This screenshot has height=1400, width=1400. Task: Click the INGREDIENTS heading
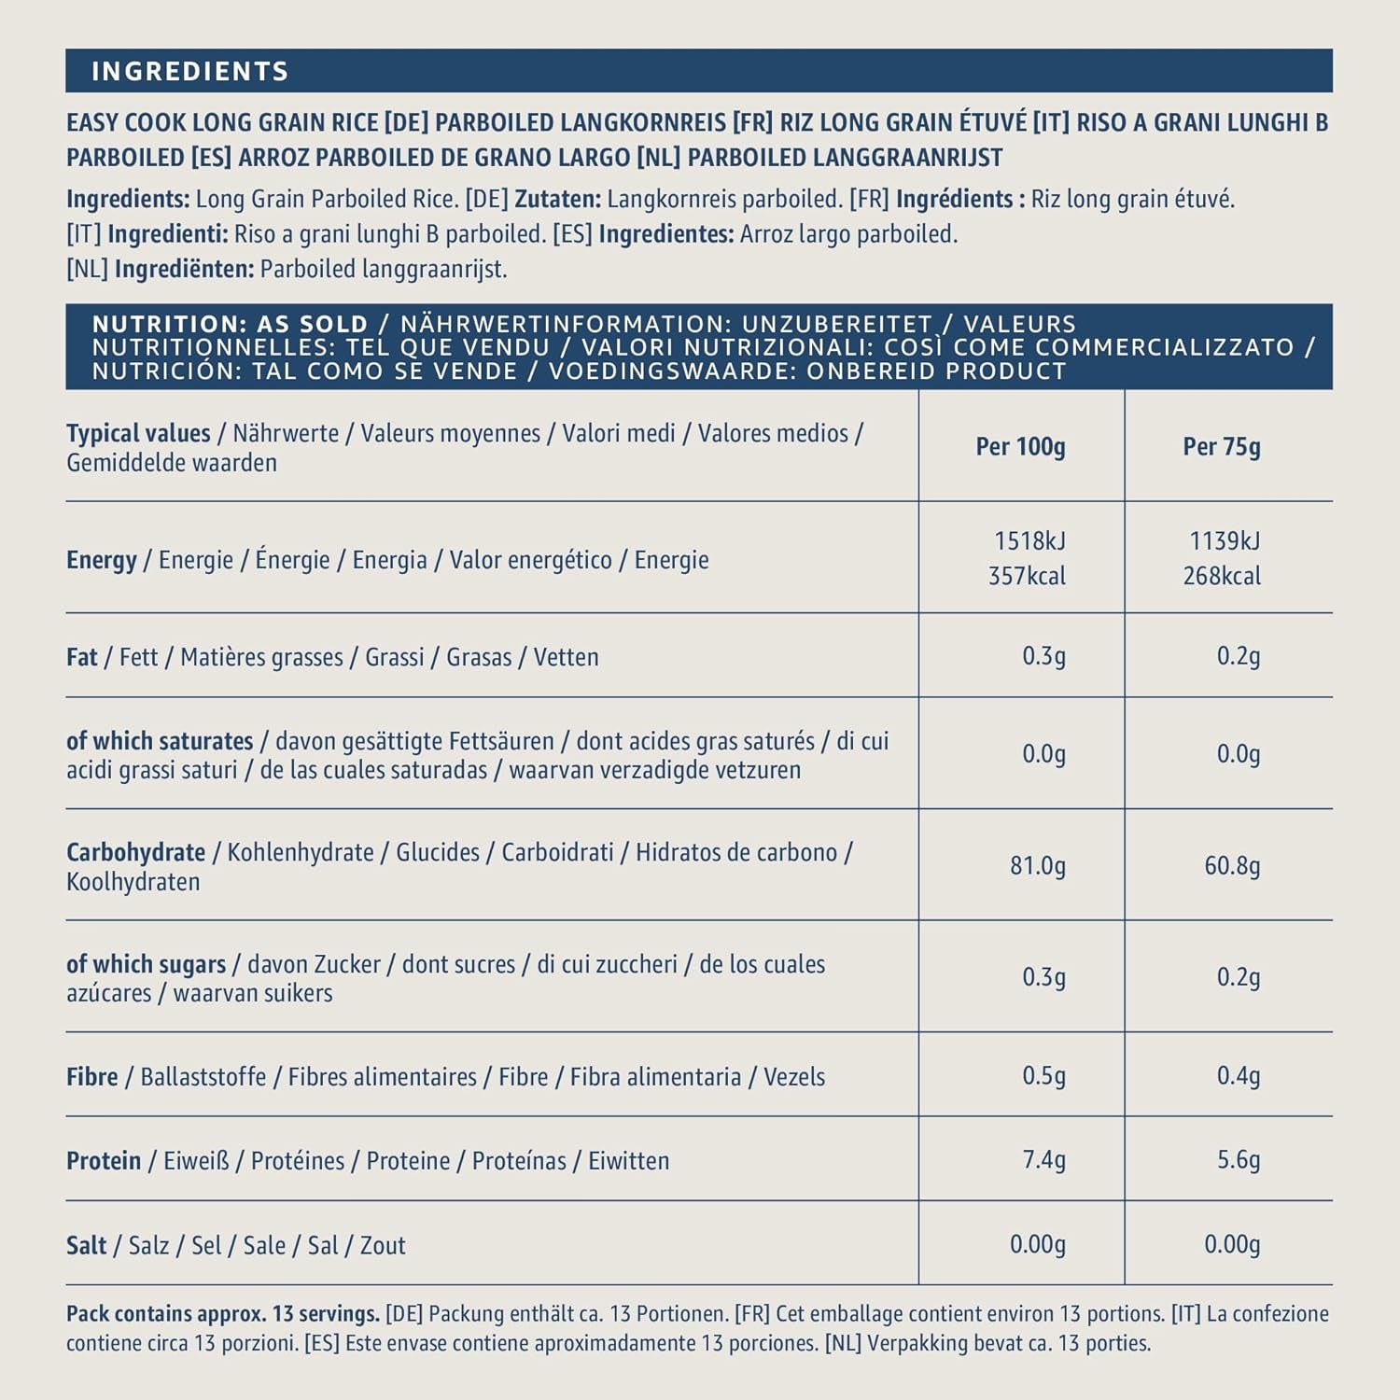coord(190,72)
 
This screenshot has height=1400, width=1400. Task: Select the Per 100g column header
coord(1020,447)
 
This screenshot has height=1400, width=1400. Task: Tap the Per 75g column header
coord(1221,447)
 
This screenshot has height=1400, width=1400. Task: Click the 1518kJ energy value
coord(1029,541)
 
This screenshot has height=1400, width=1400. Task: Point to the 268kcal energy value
coord(1221,576)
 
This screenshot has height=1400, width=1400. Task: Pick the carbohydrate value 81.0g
coord(1037,866)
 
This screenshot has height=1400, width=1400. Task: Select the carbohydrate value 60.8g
coord(1231,866)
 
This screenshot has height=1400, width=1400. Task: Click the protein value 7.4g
coord(1043,1160)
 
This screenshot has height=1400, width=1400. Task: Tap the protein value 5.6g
coord(1238,1160)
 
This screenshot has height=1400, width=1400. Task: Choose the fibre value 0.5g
coord(1043,1076)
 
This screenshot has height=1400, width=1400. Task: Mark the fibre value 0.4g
coord(1238,1076)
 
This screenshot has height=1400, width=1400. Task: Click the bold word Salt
coord(86,1246)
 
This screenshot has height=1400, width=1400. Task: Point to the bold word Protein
coord(104,1161)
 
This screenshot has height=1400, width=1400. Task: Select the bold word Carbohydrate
coord(135,853)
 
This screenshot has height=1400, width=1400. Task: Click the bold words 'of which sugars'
coord(146,964)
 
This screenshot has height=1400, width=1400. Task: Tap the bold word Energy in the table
coord(101,560)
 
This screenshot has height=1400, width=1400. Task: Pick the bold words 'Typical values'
coord(138,434)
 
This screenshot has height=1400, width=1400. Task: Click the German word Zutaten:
coord(557,200)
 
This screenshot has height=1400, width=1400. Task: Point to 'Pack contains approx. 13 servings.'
coord(222,1314)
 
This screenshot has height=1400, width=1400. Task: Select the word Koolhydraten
coord(133,882)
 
